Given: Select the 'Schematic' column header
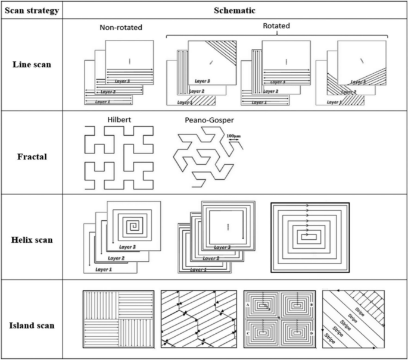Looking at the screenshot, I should (235, 11).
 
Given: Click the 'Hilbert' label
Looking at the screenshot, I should (119, 119).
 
